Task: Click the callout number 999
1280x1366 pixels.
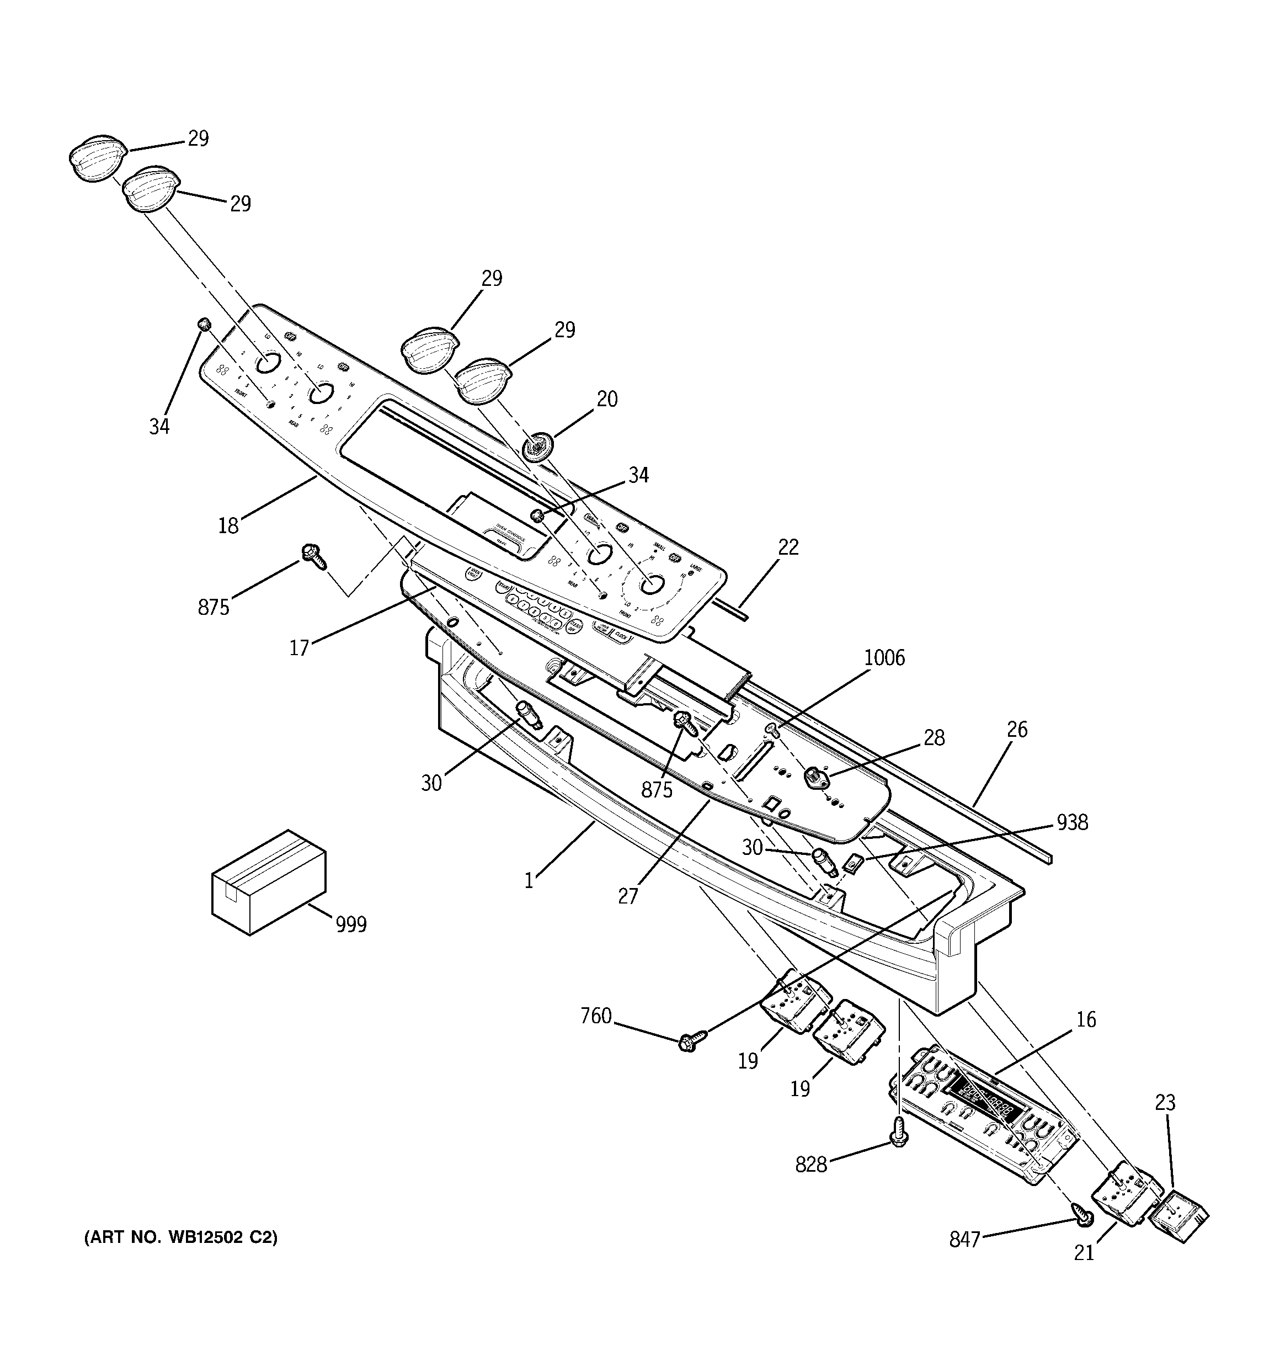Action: click(x=351, y=924)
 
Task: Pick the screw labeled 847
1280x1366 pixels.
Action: click(x=1084, y=1218)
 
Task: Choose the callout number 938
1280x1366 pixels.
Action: click(x=1073, y=822)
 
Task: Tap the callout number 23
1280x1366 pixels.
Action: click(x=1165, y=1102)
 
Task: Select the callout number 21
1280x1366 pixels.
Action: click(x=1084, y=1253)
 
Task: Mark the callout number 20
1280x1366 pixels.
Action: click(x=607, y=398)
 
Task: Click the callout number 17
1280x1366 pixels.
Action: click(x=299, y=647)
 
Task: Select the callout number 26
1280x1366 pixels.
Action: click(x=1017, y=729)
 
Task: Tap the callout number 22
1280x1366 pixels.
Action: click(x=789, y=547)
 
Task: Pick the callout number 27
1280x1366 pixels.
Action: click(x=628, y=896)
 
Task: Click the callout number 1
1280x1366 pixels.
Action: click(x=529, y=881)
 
